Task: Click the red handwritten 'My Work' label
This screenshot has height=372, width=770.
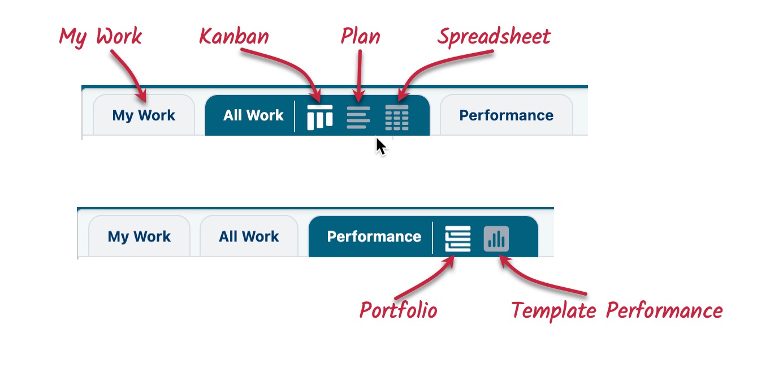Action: pos(101,37)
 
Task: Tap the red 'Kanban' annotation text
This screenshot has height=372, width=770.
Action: pos(234,37)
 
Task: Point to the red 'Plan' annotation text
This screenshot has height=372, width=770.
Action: pos(360,37)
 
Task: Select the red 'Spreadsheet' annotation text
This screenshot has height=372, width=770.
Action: pos(494,37)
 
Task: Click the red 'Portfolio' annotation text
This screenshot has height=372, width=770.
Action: pos(399,310)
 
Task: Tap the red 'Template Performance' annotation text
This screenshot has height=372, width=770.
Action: pos(617,310)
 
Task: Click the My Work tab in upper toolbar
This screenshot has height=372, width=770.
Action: pos(144,115)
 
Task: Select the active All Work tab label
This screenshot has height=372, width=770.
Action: pos(253,115)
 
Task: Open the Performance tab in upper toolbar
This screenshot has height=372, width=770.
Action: pos(506,115)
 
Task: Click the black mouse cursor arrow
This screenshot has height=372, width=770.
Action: pos(380,146)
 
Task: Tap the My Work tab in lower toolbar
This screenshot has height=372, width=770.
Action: pos(139,236)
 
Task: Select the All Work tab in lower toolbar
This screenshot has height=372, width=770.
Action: pos(249,236)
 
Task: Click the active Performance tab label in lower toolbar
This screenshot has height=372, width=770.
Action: pos(374,236)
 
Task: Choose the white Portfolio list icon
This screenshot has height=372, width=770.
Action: pos(457,239)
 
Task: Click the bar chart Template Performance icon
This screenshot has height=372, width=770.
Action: pos(496,239)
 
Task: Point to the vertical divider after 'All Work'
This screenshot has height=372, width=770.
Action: pos(295,116)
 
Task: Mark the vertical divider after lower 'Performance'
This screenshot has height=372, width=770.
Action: pos(432,237)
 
